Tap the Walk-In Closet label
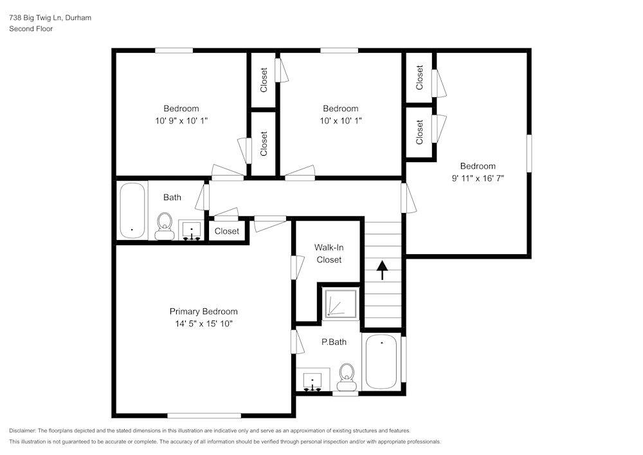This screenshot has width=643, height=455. (x=328, y=253)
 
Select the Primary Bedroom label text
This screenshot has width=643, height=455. (x=203, y=311)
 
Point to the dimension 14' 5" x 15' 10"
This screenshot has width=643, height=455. (x=203, y=324)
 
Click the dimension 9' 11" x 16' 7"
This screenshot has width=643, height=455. (x=477, y=178)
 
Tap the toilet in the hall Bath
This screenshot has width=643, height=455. (x=165, y=227)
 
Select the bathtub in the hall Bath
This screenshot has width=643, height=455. (x=133, y=211)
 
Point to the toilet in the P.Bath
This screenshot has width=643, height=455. (x=347, y=376)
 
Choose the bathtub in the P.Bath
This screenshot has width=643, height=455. (x=382, y=362)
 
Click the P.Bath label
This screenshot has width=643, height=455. (x=334, y=342)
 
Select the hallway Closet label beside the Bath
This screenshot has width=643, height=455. (x=226, y=231)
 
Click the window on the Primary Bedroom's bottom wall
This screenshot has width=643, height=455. (x=204, y=415)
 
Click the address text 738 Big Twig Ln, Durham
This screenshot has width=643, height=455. (x=50, y=18)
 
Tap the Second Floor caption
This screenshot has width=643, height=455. (x=31, y=29)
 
